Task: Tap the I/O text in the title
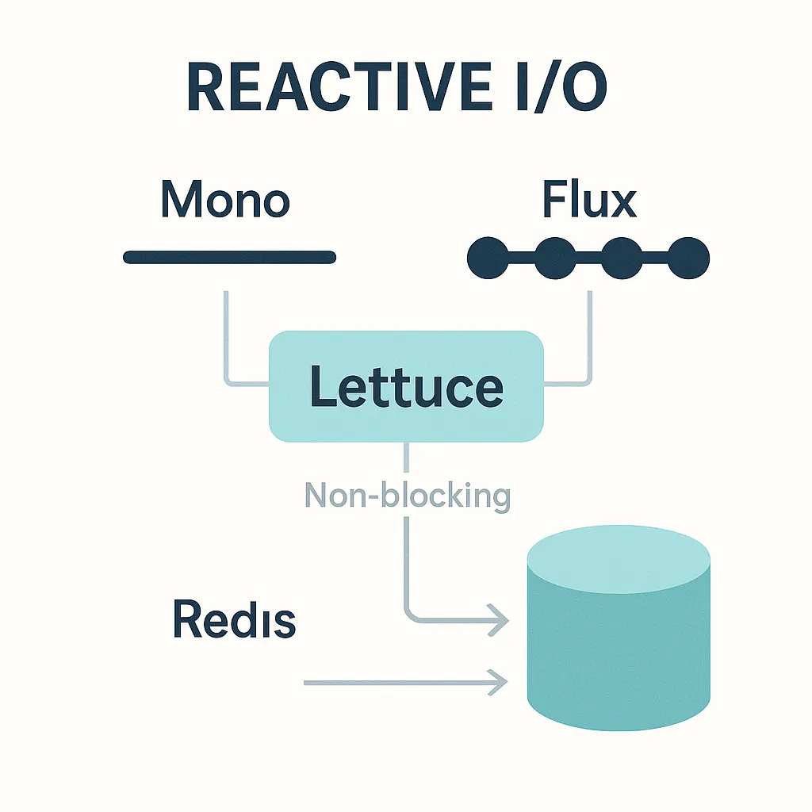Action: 562,86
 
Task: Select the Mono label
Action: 225,199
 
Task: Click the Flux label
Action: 589,199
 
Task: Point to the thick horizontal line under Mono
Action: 229,258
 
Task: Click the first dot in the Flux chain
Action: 488,258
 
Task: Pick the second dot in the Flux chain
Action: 554,258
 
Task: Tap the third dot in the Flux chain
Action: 622,258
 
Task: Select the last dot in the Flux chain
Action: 688,258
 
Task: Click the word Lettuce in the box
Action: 407,386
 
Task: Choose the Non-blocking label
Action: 408,496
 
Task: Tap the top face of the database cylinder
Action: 619,559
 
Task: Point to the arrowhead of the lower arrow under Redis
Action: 498,683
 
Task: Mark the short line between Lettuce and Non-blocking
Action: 406,458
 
